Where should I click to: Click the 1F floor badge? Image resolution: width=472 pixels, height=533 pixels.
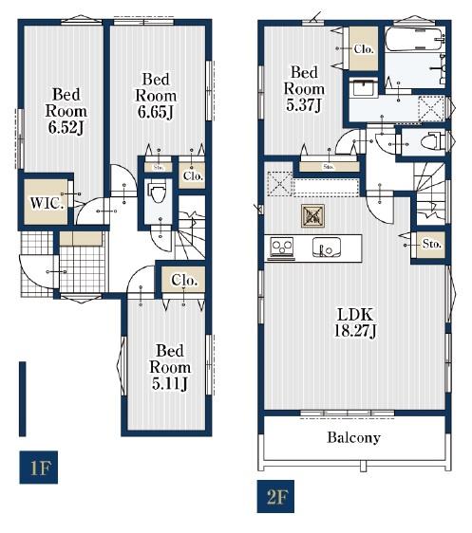pyautogui.click(x=38, y=467)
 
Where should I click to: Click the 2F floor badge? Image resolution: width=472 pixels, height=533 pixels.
pyautogui.click(x=275, y=496)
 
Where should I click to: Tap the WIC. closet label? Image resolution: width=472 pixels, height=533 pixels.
pyautogui.click(x=47, y=203)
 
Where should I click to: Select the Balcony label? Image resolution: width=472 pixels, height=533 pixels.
pyautogui.click(x=353, y=437)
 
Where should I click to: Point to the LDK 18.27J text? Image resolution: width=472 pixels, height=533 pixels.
pyautogui.click(x=355, y=322)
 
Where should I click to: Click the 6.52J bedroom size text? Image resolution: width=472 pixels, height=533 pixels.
pyautogui.click(x=66, y=127)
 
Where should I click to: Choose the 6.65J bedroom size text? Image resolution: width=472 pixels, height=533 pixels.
pyautogui.click(x=156, y=112)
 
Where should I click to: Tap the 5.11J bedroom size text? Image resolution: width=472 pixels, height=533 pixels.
pyautogui.click(x=169, y=384)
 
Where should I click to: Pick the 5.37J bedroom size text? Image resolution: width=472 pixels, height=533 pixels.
pyautogui.click(x=304, y=104)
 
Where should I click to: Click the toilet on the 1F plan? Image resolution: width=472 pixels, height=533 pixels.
pyautogui.click(x=158, y=191)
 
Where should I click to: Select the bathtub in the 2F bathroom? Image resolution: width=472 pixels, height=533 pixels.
pyautogui.click(x=413, y=40)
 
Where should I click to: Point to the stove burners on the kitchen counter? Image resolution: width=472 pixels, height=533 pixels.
pyautogui.click(x=281, y=246)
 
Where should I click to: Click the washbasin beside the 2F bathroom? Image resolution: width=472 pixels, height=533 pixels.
pyautogui.click(x=364, y=88)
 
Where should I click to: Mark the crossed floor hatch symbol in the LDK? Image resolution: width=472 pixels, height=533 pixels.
pyautogui.click(x=313, y=215)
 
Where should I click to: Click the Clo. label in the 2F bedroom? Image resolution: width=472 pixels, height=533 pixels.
pyautogui.click(x=364, y=49)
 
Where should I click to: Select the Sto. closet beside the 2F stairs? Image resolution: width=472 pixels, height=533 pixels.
pyautogui.click(x=431, y=244)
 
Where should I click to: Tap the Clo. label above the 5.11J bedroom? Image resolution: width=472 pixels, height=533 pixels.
pyautogui.click(x=184, y=281)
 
